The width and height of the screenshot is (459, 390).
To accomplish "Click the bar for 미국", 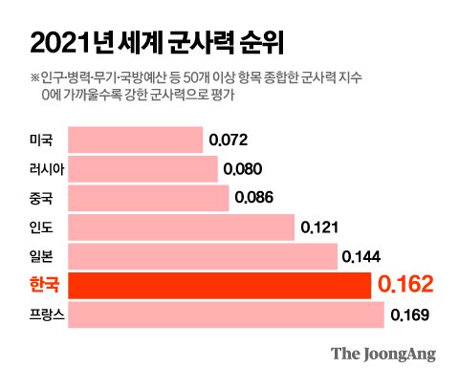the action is tap(136, 140).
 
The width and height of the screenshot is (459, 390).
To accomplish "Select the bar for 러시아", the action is tap(142, 169).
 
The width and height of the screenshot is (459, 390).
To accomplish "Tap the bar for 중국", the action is tap(148, 198).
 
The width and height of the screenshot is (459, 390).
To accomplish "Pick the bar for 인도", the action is tap(182, 227).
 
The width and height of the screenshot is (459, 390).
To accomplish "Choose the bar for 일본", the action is tap(203, 256).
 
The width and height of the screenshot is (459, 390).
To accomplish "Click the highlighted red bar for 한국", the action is tap(220, 286).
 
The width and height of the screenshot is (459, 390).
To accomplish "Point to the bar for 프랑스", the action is tap(227, 314).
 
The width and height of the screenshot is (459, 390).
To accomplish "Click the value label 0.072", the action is tap(229, 140).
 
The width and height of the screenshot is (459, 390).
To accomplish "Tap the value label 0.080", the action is tap(243, 169).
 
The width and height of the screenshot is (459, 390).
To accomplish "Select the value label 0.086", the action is tap(254, 198).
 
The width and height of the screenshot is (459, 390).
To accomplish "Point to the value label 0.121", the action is tap(319, 227).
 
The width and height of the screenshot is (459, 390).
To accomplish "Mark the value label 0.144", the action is tap(361, 256).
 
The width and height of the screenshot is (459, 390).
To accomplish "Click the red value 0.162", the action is tap(405, 284).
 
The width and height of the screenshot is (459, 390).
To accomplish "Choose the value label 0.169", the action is tap(410, 314).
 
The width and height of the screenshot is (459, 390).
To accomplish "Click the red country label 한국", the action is tap(44, 284).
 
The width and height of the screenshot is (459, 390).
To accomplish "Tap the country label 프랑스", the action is tap(47, 314).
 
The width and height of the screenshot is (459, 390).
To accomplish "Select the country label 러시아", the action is tap(47, 169).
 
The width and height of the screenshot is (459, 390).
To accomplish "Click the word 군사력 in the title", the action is tap(201, 42).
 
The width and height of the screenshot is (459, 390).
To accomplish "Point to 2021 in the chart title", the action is tap(59, 43).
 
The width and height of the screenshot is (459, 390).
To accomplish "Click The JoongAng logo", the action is tap(383, 354).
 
